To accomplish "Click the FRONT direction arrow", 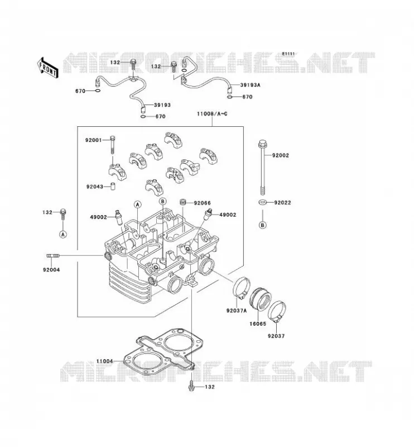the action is [47, 68].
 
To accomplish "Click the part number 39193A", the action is [251, 85].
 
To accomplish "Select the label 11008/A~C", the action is [212, 114].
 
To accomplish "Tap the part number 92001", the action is [93, 140].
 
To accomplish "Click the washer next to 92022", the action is [263, 202].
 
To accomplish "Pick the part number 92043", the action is [94, 187].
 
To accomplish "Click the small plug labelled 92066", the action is [182, 202].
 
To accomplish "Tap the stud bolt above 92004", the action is [53, 255].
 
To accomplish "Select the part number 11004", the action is [104, 361].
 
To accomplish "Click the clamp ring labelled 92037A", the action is [242, 287].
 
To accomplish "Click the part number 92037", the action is [276, 336].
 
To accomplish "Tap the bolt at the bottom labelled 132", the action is [191, 386].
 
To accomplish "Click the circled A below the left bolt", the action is [63, 234].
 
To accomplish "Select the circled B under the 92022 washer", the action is [263, 225].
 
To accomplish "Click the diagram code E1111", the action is [288, 54].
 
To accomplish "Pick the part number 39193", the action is [162, 105].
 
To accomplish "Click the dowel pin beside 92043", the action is [113, 187].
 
